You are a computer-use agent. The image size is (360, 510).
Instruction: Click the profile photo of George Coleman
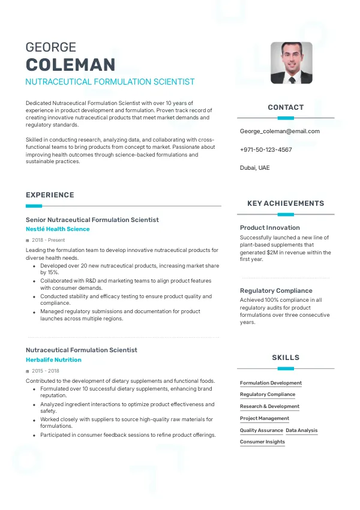point(291,62)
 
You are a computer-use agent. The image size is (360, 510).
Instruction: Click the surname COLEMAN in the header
point(71,65)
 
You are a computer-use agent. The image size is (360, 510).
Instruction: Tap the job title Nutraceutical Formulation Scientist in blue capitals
point(110,82)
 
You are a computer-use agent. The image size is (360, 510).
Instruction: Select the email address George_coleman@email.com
point(280,131)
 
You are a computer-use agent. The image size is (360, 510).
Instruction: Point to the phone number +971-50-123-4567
point(266,149)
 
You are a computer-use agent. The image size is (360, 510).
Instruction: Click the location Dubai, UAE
point(254,167)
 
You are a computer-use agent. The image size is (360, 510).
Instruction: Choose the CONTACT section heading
point(286,107)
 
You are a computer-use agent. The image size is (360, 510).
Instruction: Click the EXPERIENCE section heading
point(50,195)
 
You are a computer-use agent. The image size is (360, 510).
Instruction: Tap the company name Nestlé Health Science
point(58,229)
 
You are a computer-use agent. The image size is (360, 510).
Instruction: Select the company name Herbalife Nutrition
point(53,360)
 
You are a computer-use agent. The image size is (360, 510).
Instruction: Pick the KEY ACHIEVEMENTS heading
point(286,203)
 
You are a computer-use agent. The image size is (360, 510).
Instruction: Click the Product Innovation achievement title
point(270,227)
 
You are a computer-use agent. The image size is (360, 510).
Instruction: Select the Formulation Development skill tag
point(271,383)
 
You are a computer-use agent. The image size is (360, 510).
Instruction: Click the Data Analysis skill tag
point(302,430)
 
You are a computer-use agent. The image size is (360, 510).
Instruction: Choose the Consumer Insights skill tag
point(262,442)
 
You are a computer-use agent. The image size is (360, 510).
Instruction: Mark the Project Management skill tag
point(265,418)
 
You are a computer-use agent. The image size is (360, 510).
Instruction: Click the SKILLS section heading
point(286,358)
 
